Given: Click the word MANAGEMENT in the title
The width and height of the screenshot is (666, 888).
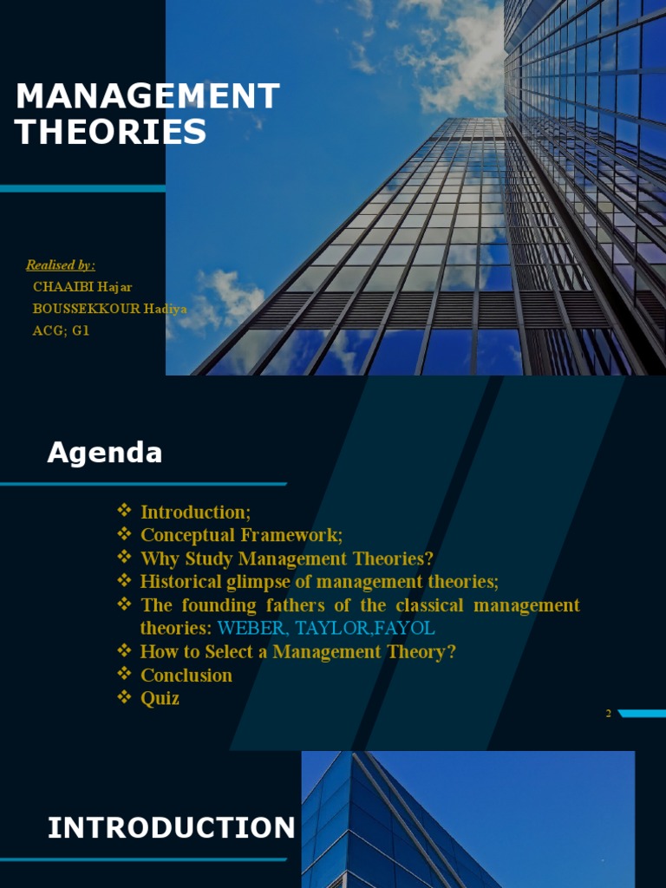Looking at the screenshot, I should [x=147, y=96].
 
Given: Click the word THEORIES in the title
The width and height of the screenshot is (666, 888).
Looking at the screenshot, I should [x=111, y=132].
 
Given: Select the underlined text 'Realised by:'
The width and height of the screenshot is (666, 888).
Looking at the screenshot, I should [x=61, y=265].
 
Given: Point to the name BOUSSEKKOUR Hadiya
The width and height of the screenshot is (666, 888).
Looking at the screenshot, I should [x=109, y=308].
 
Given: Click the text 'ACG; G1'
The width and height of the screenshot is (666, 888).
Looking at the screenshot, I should [x=61, y=330].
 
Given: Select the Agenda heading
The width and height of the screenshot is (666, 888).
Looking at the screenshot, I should [x=104, y=452].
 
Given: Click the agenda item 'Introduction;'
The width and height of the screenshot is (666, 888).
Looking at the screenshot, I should [x=195, y=512].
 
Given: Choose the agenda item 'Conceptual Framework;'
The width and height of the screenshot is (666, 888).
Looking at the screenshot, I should [x=241, y=535].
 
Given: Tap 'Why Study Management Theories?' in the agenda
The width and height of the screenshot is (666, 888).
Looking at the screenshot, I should [x=286, y=558].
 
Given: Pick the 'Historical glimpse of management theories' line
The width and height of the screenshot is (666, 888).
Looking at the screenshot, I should [x=319, y=581].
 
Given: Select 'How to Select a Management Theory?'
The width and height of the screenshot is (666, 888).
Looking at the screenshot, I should [x=297, y=651].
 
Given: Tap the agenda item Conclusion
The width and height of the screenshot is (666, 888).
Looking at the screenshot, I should [x=186, y=675].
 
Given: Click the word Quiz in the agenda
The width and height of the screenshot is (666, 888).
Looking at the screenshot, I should [x=160, y=697].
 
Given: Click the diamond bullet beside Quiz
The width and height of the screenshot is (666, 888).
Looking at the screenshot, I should [x=124, y=696].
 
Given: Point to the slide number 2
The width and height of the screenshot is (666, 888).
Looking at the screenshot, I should [x=608, y=713].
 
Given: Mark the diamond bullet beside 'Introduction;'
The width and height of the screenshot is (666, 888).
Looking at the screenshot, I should [x=124, y=511].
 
